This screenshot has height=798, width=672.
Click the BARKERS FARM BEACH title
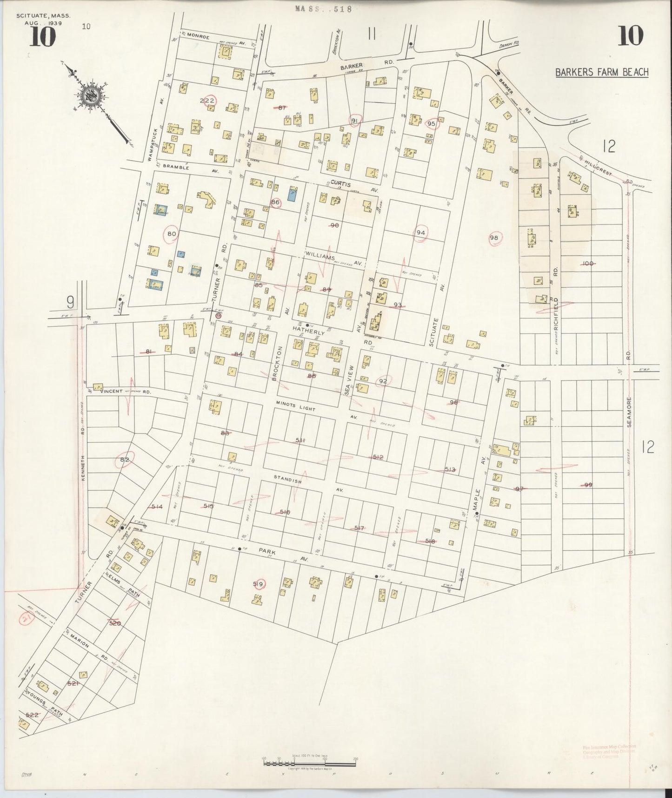coord(602,72)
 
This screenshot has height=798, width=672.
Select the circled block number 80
coord(172,234)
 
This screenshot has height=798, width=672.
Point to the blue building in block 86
coord(293,194)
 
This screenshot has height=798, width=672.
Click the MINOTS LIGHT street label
coord(295,406)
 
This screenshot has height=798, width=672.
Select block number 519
coord(258,584)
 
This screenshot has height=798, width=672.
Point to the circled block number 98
coord(494,238)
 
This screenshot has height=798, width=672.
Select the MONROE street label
coord(198,36)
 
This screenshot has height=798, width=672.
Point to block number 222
coord(207,101)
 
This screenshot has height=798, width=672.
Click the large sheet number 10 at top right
coord(631,36)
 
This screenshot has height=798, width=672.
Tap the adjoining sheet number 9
coord(70,303)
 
